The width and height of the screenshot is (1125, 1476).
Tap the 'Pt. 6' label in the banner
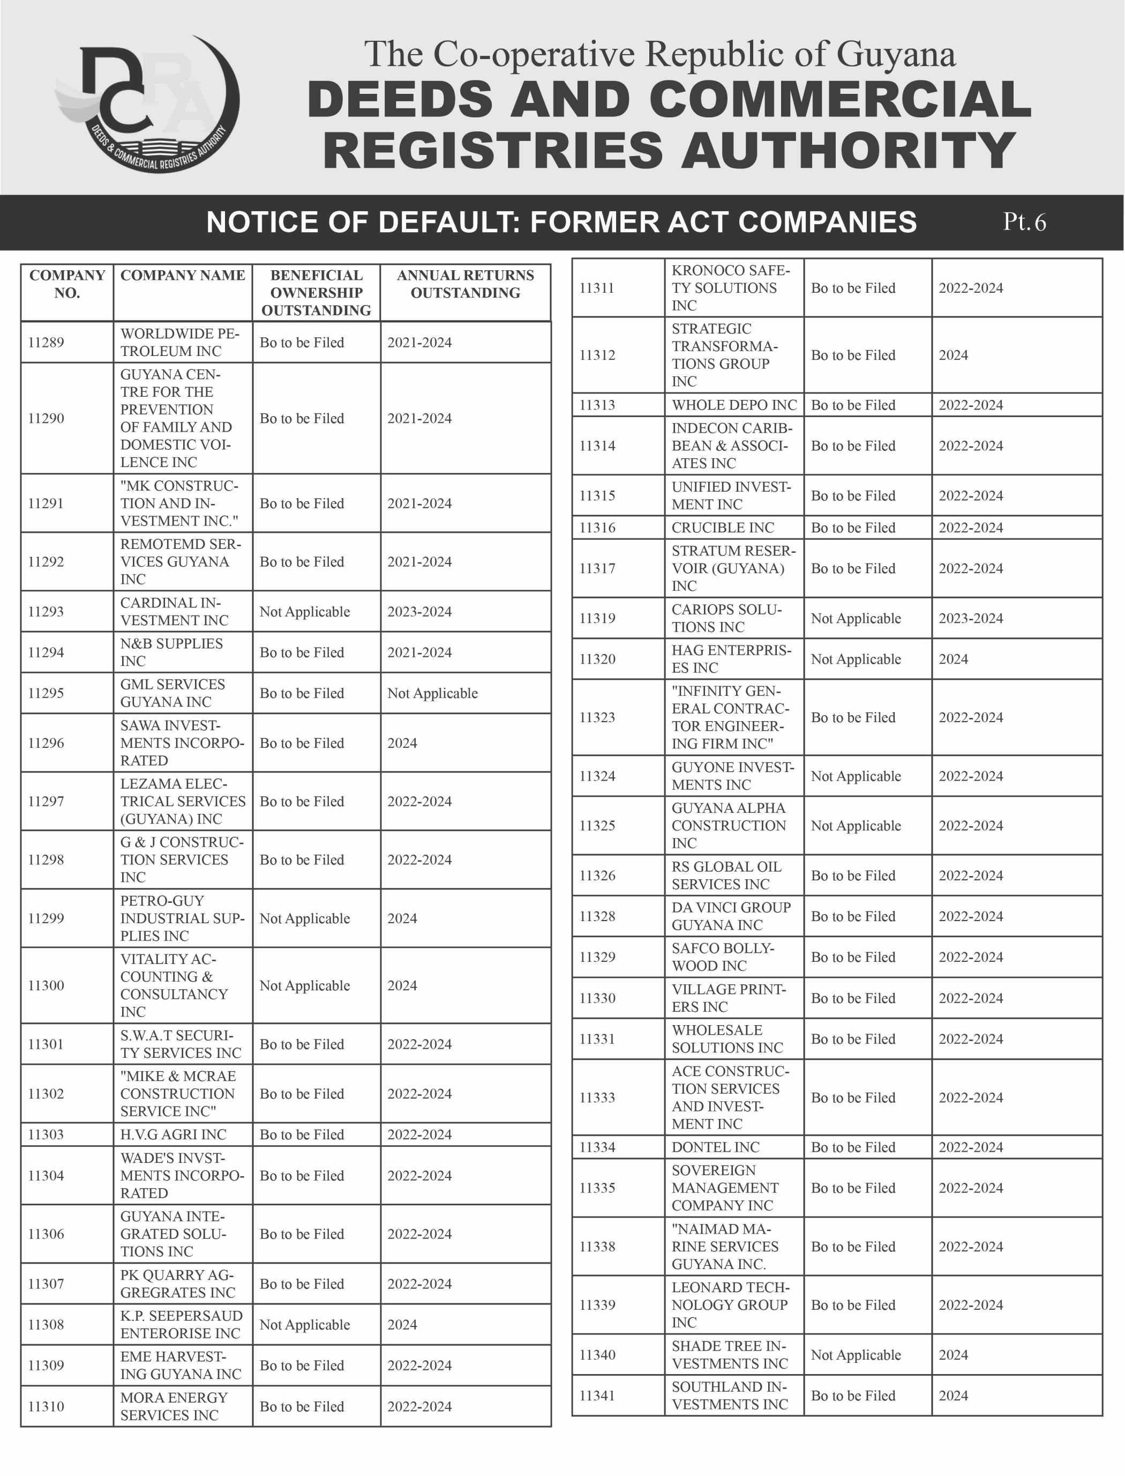[x=1024, y=222]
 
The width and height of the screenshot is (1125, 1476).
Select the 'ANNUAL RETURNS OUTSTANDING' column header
[x=465, y=284]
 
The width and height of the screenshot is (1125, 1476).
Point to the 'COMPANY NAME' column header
[x=182, y=276]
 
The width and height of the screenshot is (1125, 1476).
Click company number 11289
[x=46, y=343]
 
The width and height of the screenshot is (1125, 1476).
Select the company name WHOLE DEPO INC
[x=734, y=405]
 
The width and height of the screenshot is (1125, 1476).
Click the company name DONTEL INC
[x=715, y=1147]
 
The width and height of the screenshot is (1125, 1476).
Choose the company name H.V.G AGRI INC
[x=172, y=1134]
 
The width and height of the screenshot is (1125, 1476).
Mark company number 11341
[x=597, y=1396]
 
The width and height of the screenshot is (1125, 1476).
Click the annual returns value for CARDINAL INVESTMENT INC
[x=419, y=612]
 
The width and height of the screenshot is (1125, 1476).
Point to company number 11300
[x=46, y=985]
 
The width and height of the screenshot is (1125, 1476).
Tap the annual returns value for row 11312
[x=953, y=355]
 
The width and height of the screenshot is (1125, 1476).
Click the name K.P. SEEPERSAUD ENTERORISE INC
[x=181, y=1325]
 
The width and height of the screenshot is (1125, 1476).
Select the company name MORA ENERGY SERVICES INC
[x=174, y=1406]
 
